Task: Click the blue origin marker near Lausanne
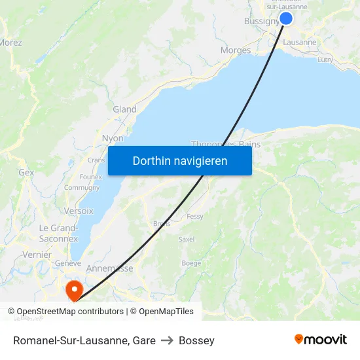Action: coord(286,18)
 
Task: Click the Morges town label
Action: coord(236,50)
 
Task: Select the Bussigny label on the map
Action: coord(261,21)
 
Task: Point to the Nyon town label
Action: coord(113,138)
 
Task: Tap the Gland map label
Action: coord(124,109)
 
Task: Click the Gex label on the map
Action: coord(26,172)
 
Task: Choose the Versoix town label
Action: coord(79,211)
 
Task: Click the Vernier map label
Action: coord(36,255)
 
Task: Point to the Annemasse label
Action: coord(109,268)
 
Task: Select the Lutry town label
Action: coord(325,60)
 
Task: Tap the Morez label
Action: coord(10,43)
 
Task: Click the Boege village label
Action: coord(191,263)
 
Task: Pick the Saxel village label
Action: coord(187,240)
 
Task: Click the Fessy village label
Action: coord(195,217)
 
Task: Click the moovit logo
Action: coord(321,339)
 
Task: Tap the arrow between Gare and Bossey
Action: coord(167,340)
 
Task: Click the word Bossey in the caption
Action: coord(196,340)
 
